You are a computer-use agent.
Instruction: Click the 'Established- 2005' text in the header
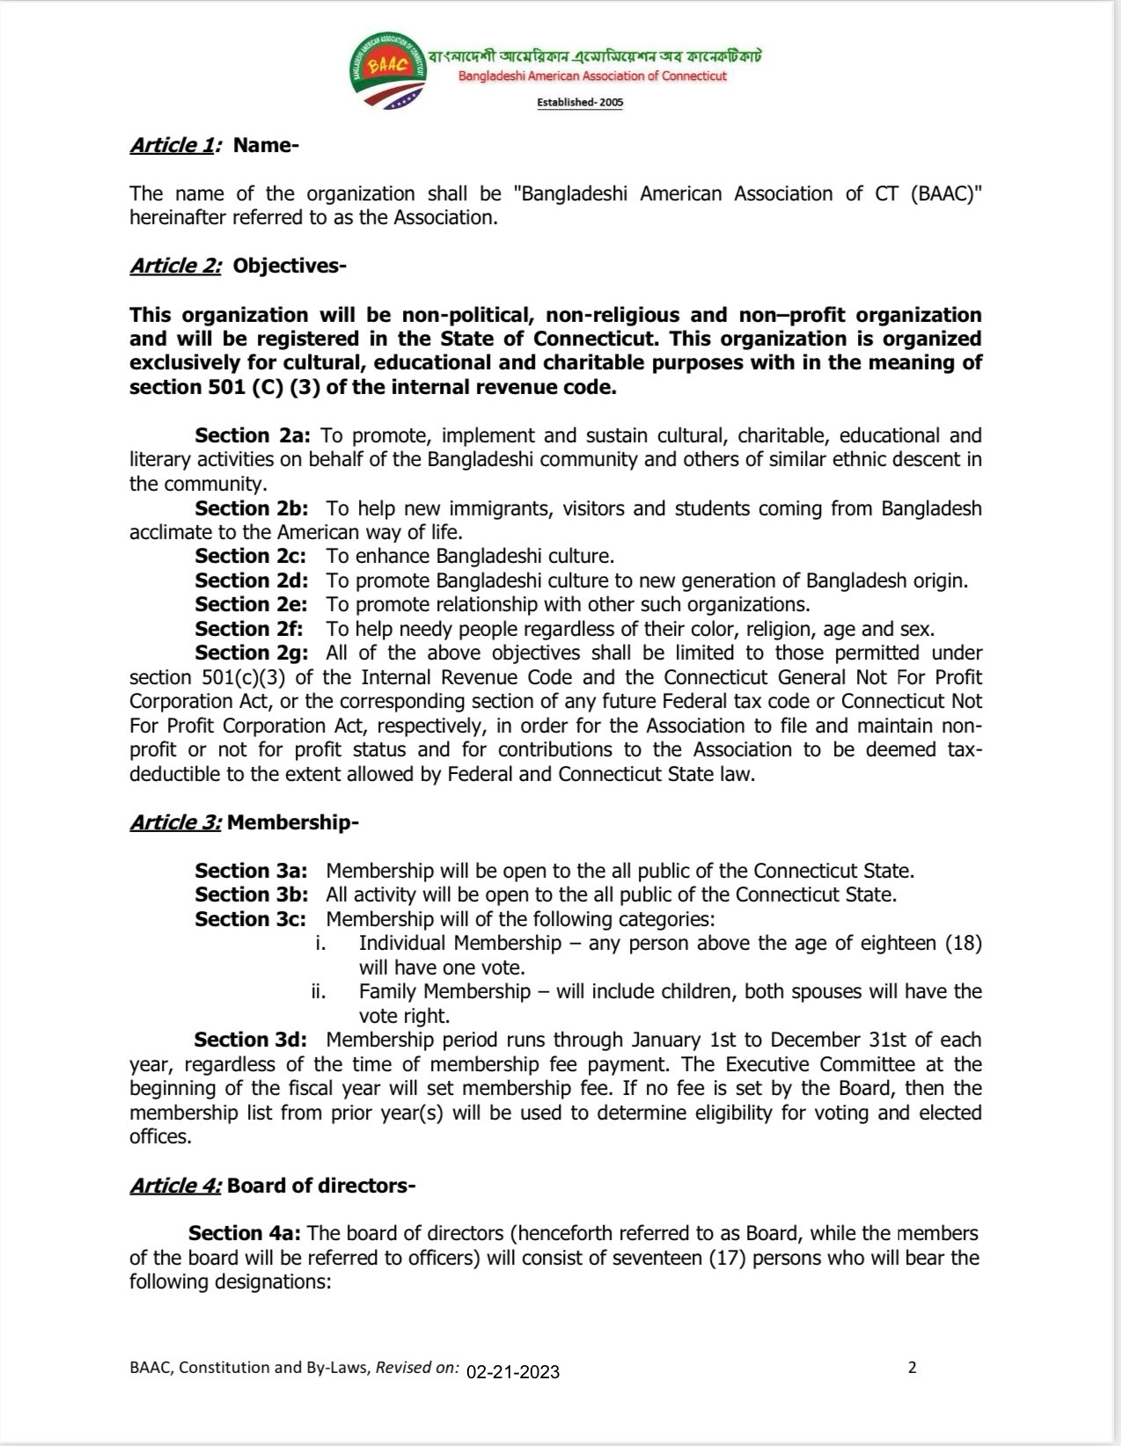click(580, 103)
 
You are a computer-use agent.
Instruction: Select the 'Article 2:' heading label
click(176, 266)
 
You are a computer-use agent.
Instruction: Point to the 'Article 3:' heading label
click(176, 822)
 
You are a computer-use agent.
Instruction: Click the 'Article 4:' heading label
click(176, 1186)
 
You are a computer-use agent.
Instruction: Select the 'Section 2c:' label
click(251, 556)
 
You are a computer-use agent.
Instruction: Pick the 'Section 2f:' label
click(249, 629)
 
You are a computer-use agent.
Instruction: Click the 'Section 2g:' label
click(252, 653)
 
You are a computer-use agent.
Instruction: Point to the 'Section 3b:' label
click(251, 895)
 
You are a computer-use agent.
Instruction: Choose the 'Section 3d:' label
click(250, 1040)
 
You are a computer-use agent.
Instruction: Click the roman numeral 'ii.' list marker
click(319, 991)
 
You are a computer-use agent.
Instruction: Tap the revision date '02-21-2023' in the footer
click(513, 1371)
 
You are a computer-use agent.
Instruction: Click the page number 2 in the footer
click(912, 1368)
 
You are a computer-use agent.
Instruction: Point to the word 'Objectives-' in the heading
click(289, 266)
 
